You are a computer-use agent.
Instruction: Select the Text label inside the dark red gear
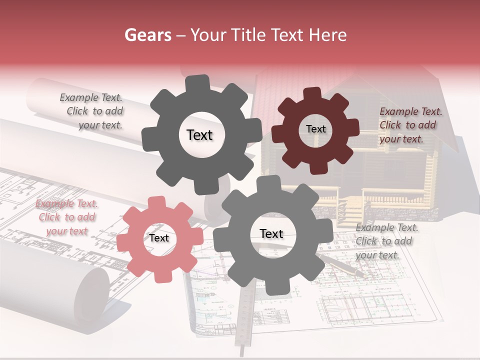pyautogui.click(x=315, y=129)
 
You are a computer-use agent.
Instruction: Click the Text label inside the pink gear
pyautogui.click(x=159, y=238)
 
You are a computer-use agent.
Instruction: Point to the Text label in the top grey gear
pyautogui.click(x=199, y=135)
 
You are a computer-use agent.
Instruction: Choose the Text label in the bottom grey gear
pyautogui.click(x=271, y=234)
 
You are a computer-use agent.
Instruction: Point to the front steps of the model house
pyautogui.click(x=350, y=210)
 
